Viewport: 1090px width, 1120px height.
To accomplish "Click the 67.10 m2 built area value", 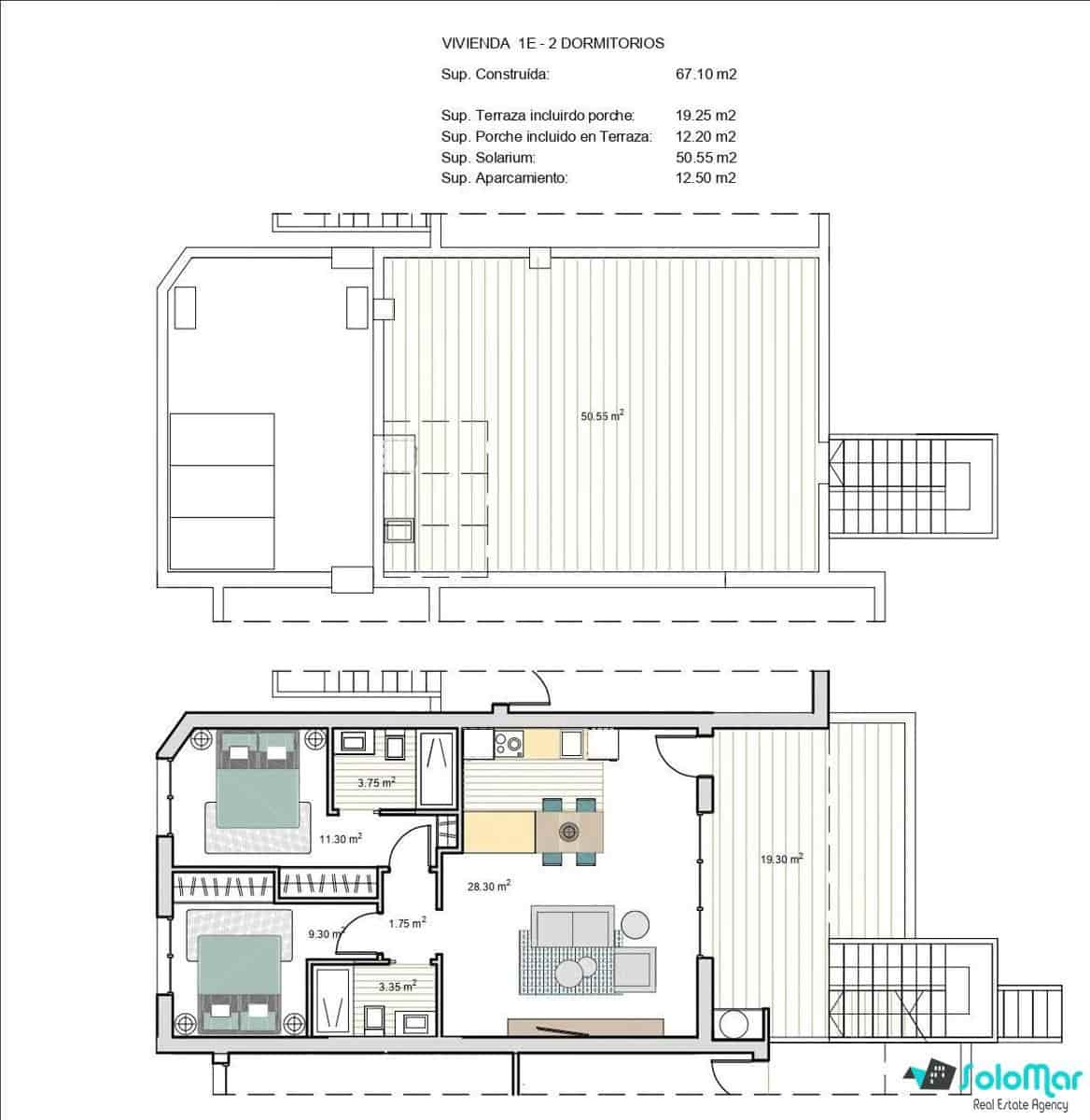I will coord(706,74).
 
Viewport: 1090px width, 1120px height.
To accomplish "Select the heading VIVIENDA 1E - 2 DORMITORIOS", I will coord(552,43).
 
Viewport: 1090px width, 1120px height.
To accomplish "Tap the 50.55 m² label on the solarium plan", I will coord(602,416).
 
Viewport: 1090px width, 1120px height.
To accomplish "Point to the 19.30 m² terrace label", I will coord(783,860).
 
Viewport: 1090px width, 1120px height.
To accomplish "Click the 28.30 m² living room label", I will coord(488,887).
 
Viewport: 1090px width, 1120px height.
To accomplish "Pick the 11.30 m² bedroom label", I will coord(340,838).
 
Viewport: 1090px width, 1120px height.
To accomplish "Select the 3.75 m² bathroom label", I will coord(375,783).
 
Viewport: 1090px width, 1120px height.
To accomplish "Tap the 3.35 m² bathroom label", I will coord(397,986).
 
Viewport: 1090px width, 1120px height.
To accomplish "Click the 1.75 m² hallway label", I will coord(407,923).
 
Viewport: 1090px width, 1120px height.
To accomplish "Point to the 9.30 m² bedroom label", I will coord(326,932).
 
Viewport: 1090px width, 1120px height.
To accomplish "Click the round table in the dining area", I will coord(568,831).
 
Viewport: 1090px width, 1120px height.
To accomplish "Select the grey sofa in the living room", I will coord(573,926).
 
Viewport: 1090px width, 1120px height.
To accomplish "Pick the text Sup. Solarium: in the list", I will coord(488,158).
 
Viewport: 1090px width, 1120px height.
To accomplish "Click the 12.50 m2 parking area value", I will coord(706,177).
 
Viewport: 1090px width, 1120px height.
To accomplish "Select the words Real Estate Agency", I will coord(1019,1105).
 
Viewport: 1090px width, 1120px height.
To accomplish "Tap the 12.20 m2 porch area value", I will coord(706,137).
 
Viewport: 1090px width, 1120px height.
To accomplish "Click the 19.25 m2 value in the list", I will coord(706,116).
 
